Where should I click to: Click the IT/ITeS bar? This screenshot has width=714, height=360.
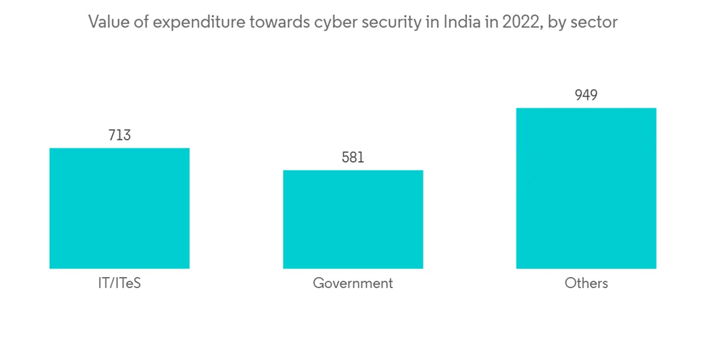click(119, 208)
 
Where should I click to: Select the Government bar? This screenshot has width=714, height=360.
click(353, 219)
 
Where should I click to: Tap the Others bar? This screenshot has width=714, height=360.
click(586, 188)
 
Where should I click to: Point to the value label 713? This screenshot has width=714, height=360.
click(119, 135)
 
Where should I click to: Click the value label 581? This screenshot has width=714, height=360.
click(353, 157)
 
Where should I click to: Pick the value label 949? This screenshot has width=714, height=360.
click(586, 95)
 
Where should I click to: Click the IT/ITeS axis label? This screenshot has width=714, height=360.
click(119, 283)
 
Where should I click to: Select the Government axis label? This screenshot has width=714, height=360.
click(353, 283)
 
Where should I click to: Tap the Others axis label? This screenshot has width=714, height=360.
click(586, 283)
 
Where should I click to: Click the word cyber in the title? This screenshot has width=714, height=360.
click(335, 23)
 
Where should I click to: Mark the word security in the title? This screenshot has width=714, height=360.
click(391, 23)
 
